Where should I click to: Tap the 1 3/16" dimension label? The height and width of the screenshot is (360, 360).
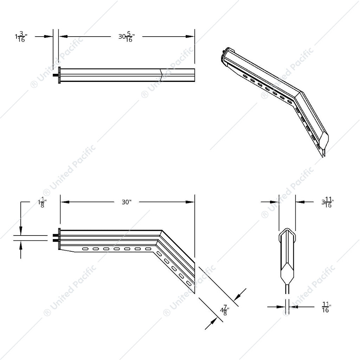[21, 37]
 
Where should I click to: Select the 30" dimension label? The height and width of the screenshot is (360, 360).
[127, 202]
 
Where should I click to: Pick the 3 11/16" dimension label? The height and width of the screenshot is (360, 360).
[327, 203]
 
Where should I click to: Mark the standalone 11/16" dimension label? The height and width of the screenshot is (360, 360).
[326, 307]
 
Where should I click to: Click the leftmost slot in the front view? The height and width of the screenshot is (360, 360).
[85, 249]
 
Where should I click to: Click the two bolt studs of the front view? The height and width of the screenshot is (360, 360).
[55, 237]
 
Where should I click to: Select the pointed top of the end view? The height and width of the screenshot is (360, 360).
[287, 232]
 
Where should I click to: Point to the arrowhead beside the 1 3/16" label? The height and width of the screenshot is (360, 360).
[49, 36]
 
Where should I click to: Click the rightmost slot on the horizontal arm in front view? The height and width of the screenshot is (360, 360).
[148, 249]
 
